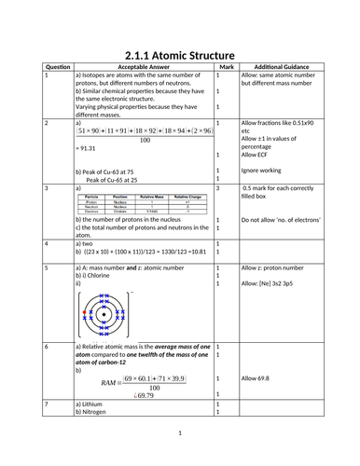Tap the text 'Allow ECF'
click(x=259, y=155)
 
